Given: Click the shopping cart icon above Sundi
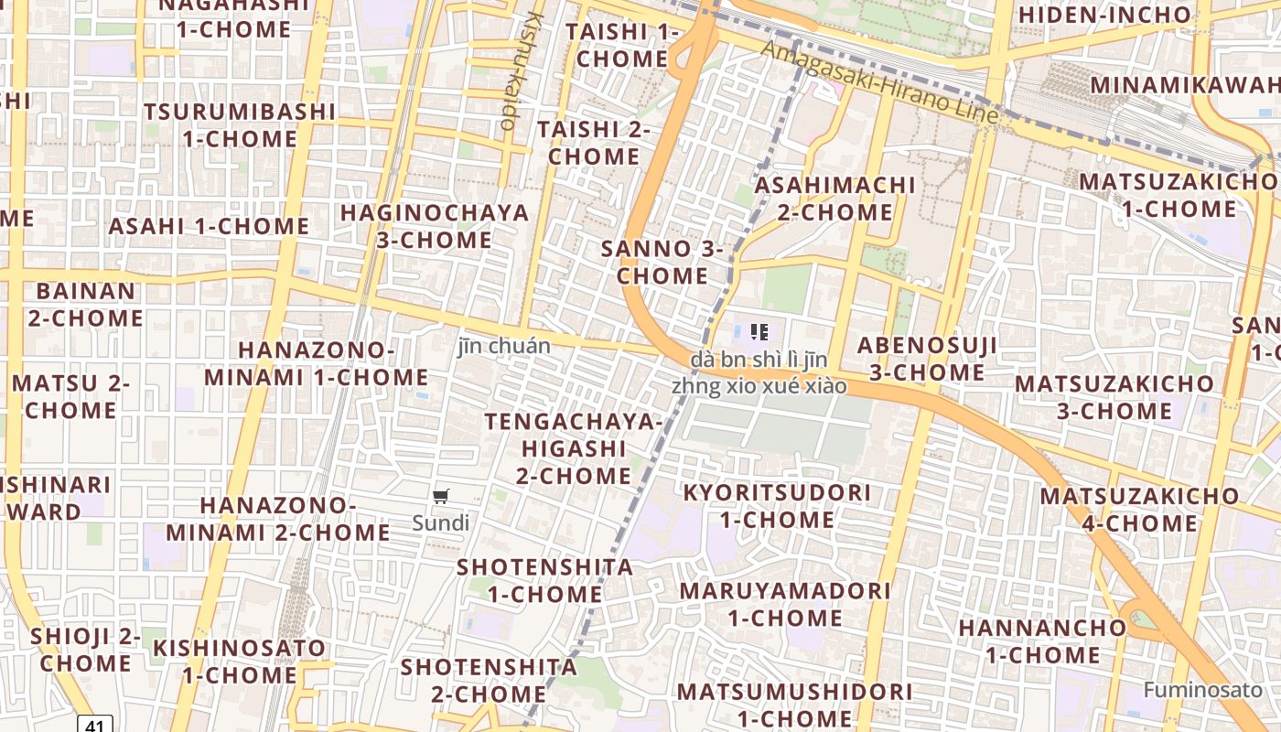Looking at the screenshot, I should tap(441, 497).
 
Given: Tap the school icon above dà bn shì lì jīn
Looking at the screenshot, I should tap(759, 331).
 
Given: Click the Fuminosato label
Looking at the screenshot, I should tap(1202, 689).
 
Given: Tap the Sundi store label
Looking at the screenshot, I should tap(440, 523).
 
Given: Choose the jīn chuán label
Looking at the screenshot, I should tap(504, 346).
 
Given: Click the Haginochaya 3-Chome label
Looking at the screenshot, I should tap(435, 226).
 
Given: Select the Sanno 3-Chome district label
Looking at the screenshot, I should tap(662, 262).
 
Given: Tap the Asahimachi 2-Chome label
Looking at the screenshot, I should tap(834, 199).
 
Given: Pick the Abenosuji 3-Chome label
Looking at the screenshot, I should tap(926, 359).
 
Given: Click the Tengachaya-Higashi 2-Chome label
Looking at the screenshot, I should tap(573, 448).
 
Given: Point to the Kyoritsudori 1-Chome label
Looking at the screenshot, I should tap(777, 506).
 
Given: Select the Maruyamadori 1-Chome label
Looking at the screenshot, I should tap(784, 604).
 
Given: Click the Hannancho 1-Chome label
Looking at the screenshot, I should tap(1042, 640).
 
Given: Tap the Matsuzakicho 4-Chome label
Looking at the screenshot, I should tap(1139, 510).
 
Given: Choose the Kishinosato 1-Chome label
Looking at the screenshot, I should tap(239, 662).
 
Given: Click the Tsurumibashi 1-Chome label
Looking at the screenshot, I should tap(239, 125).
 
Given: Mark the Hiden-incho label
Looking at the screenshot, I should tap(1104, 15).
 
